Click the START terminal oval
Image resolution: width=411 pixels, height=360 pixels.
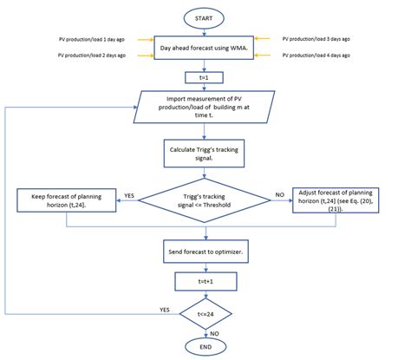point(205,16)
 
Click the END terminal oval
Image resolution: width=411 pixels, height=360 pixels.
point(205,346)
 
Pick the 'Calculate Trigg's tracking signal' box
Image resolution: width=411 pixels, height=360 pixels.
point(205,154)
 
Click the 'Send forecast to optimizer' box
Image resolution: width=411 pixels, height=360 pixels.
point(205,253)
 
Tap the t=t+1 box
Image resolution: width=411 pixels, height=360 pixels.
point(205,282)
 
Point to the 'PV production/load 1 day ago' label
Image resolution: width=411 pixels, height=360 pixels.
point(89,39)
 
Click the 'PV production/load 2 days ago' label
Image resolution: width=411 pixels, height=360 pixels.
point(89,56)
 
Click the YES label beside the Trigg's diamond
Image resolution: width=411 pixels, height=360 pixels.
point(127,195)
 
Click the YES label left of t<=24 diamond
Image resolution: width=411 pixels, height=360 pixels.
point(163,307)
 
